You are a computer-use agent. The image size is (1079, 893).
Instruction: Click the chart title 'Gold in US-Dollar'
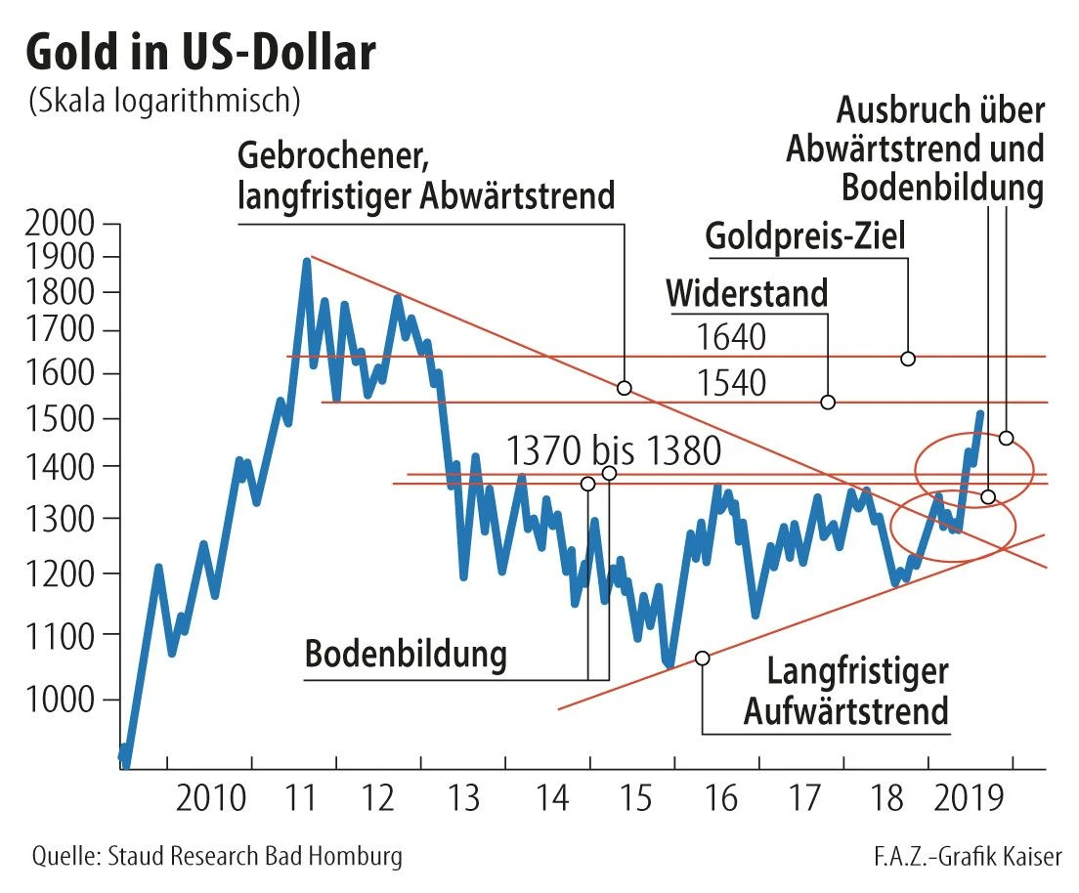[x=200, y=54]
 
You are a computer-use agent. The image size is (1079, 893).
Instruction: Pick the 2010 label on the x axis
[x=211, y=801]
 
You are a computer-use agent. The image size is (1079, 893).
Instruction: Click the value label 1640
[x=731, y=337]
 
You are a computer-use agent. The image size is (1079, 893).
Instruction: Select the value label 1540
[x=731, y=383]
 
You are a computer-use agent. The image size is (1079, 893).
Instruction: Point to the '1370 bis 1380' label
[x=614, y=451]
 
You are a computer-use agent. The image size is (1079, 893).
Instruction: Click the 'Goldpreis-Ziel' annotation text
[x=805, y=235]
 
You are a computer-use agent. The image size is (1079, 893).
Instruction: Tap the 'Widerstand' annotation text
[x=747, y=292]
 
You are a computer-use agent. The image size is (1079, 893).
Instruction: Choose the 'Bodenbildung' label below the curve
[x=406, y=656]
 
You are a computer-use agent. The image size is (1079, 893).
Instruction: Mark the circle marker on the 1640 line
[x=907, y=359]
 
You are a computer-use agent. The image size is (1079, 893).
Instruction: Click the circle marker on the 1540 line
[x=828, y=402]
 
